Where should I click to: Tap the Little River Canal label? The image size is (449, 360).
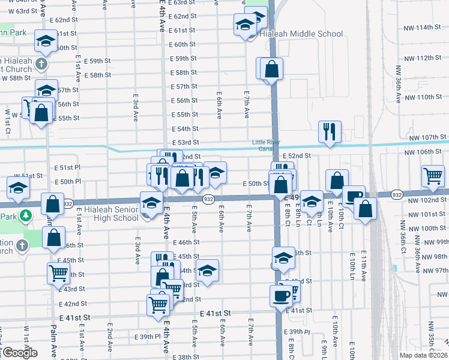265,145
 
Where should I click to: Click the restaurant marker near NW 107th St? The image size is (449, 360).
330,131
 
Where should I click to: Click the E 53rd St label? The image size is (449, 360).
184,142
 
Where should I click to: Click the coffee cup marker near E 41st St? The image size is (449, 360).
281,295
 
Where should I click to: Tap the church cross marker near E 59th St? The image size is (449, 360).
41,63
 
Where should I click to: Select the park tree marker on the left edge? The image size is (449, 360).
25,215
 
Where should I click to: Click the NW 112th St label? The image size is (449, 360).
420,58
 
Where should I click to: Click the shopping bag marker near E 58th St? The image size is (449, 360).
271,69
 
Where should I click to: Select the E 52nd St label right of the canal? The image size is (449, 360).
298,155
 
